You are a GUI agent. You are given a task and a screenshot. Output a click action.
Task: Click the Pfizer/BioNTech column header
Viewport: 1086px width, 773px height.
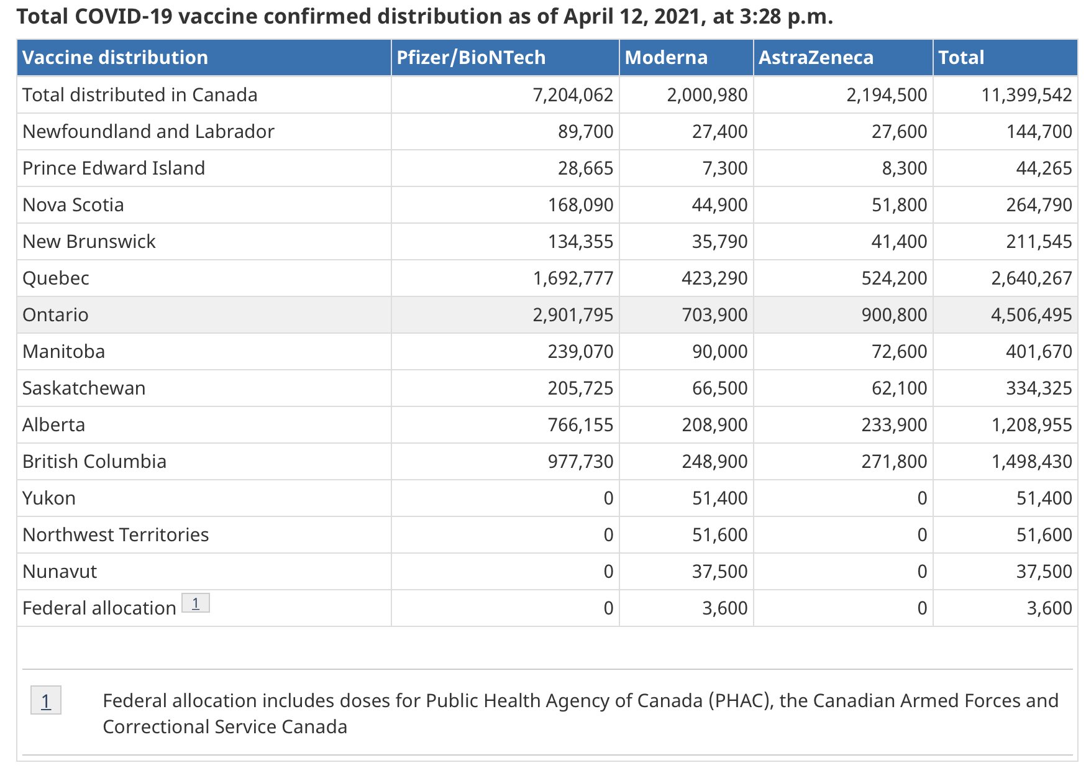coord(471,58)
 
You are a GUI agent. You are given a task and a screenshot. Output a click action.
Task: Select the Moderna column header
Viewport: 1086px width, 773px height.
coord(666,58)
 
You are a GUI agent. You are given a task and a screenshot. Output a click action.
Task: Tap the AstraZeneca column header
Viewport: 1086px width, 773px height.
coord(816,58)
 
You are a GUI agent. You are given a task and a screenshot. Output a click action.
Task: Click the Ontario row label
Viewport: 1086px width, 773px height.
coord(55,315)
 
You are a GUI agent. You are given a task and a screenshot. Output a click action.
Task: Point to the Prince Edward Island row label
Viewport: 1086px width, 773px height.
coord(114,168)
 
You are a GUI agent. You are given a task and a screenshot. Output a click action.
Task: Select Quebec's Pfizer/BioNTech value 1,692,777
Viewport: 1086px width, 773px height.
coord(573,278)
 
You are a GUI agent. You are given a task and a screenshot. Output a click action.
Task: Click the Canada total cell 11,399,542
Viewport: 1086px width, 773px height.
coord(1026,95)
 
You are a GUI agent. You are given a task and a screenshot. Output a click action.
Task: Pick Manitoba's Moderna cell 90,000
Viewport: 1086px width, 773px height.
coord(719,352)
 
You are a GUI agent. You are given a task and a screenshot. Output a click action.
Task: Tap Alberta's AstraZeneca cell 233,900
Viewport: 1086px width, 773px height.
coord(894,425)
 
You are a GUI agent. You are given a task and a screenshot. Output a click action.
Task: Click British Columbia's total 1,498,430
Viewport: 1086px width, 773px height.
coord(1031,462)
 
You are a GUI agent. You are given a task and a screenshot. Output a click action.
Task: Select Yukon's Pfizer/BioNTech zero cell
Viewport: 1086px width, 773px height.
coord(608,498)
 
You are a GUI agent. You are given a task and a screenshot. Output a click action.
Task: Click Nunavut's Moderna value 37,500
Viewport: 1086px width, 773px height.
coord(719,572)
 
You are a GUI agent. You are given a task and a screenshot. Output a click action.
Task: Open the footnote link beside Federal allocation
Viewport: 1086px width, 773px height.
coord(195,603)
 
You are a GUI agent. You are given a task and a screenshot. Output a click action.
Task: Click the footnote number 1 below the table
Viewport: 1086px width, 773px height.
coord(46,701)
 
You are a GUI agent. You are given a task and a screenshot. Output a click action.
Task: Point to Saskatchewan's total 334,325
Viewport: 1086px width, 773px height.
coord(1039,388)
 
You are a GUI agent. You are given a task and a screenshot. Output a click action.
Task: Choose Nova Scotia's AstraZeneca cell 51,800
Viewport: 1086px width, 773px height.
coord(899,205)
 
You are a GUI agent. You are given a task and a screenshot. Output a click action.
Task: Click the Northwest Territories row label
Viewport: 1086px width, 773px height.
coord(116,535)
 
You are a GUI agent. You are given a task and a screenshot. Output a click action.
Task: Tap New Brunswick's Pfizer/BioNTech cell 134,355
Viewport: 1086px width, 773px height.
coord(580,242)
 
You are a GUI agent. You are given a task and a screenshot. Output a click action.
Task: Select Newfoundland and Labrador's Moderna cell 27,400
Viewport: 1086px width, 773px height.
coord(719,132)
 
